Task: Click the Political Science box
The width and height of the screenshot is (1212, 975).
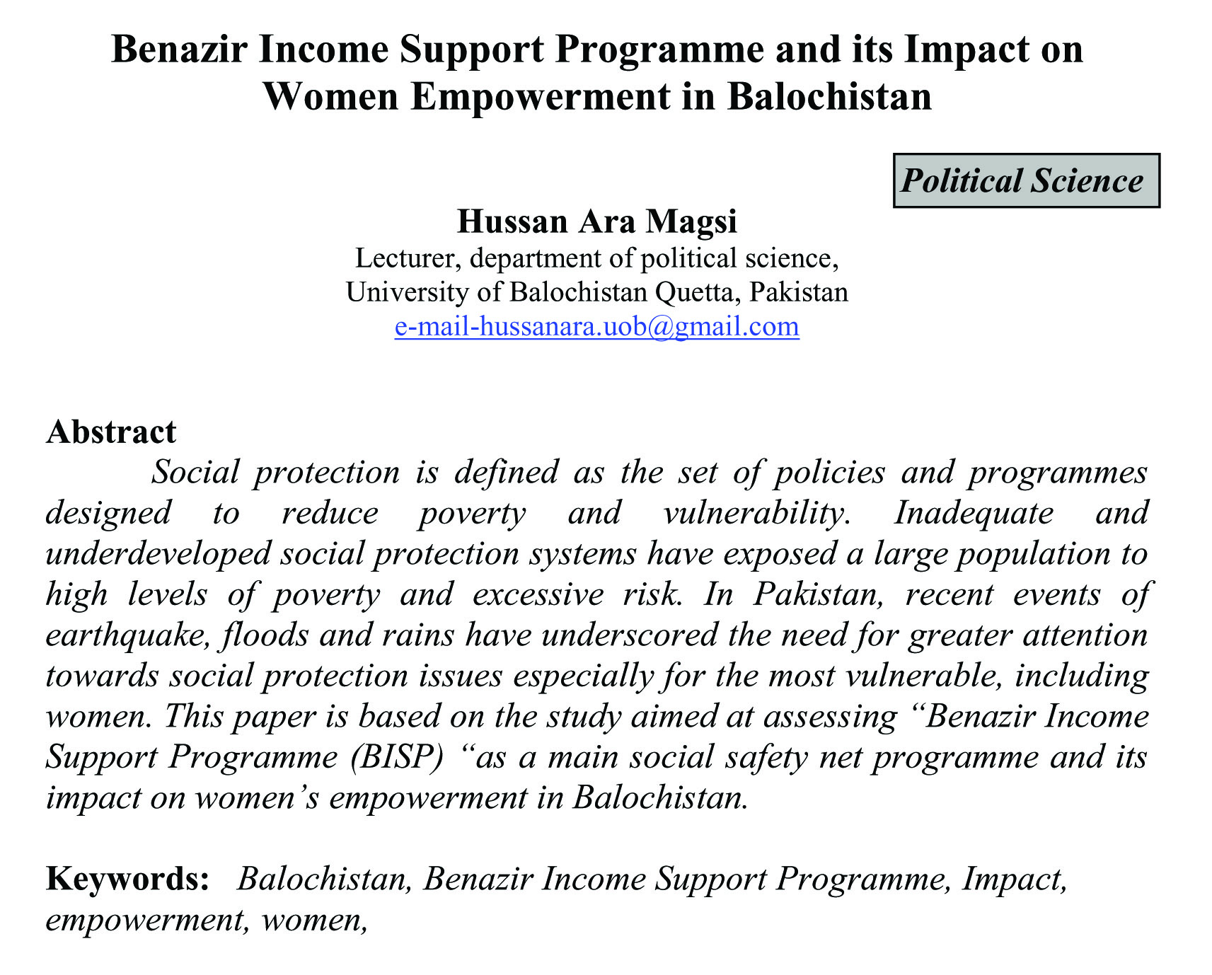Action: pos(1026,180)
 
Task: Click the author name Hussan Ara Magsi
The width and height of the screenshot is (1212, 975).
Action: pos(597,221)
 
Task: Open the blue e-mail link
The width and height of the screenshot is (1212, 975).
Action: pos(597,327)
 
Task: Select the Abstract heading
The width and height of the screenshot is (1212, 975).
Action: pos(111,432)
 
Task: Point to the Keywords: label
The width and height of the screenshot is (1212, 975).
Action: pos(127,879)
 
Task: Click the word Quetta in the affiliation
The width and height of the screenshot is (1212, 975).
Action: pos(697,292)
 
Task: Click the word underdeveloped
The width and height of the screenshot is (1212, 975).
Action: pos(158,553)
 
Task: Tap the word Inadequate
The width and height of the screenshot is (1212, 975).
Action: pos(974,513)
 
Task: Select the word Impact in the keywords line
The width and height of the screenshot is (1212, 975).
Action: pos(1014,879)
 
